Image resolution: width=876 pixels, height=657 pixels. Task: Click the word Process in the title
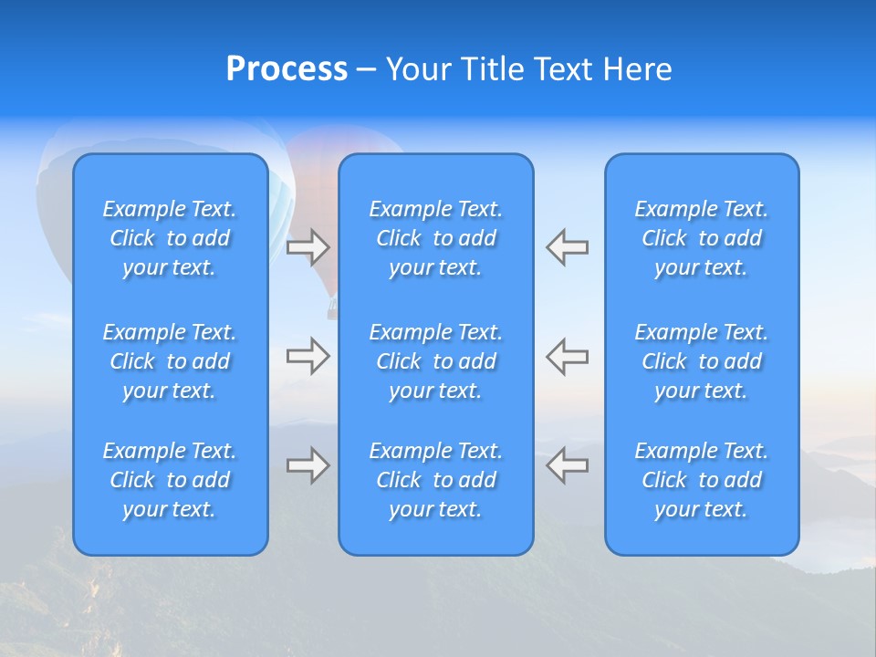pos(287,69)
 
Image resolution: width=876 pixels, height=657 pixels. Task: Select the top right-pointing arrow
pos(308,246)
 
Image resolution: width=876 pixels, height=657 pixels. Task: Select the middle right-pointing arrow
pos(308,356)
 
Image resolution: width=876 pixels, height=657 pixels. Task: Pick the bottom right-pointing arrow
pos(308,465)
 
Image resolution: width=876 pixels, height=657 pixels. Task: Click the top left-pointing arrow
pos(568,246)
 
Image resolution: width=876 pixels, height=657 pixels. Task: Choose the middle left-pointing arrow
pos(568,356)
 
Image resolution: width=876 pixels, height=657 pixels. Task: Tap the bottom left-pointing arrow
pos(568,465)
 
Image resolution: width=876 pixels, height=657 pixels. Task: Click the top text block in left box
pos(170,238)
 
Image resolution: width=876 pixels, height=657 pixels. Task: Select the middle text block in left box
pos(170,361)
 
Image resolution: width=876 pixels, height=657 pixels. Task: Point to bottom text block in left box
pos(170,480)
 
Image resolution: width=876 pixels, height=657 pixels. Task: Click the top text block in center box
pos(436,238)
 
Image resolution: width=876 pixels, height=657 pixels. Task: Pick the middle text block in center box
pos(436,361)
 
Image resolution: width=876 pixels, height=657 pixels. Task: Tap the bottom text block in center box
pos(436,480)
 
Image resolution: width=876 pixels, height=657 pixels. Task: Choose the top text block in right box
pos(702,238)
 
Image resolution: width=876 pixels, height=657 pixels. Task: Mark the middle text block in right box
pos(702,361)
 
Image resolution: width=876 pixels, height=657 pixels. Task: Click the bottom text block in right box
pos(702,480)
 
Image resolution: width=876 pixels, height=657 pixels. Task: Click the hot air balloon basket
pos(332,312)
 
